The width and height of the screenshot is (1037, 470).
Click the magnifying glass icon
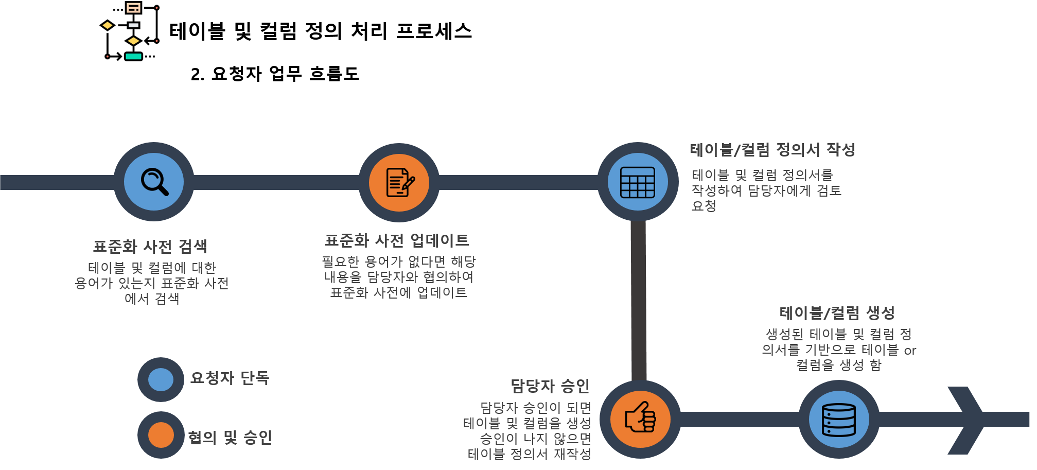click(x=154, y=182)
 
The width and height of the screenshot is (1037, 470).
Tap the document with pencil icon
click(x=399, y=182)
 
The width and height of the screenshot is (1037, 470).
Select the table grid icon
click(x=638, y=182)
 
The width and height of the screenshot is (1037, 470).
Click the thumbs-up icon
click(x=640, y=419)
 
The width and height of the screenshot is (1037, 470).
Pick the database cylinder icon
click(x=839, y=420)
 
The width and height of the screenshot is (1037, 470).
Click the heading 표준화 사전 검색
click(x=150, y=247)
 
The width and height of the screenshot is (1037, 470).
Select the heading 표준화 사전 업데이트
click(x=397, y=240)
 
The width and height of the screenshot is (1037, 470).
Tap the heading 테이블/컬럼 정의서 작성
click(x=772, y=150)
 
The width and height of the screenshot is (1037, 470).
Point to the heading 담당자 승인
click(x=550, y=386)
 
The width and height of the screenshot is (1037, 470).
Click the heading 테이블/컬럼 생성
click(x=837, y=312)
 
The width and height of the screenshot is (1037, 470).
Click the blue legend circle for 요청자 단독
click(x=161, y=379)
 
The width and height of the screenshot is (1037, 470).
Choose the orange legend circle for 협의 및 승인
click(x=161, y=435)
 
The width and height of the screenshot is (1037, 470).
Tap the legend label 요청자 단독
click(x=230, y=378)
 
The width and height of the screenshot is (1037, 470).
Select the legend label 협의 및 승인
click(x=230, y=438)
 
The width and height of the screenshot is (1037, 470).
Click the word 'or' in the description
click(x=910, y=351)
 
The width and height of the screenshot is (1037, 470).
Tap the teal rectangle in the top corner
click(x=133, y=57)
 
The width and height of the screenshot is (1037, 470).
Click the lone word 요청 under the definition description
click(x=704, y=206)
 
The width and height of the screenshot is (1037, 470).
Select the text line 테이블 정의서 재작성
click(x=529, y=454)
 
